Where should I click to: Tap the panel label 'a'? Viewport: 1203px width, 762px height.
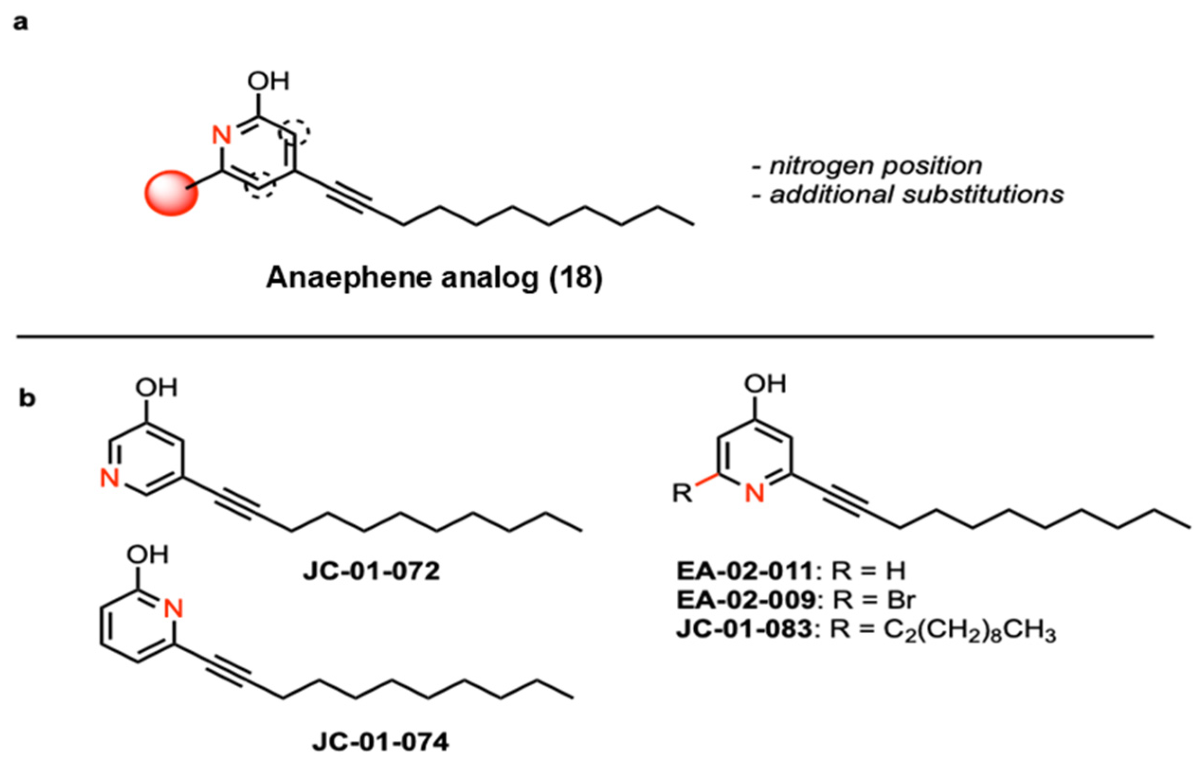[x=20, y=24]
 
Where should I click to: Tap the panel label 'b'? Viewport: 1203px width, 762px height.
[x=27, y=399]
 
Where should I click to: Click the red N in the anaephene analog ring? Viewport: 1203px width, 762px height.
[x=221, y=135]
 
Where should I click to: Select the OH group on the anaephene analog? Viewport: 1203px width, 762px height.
[x=268, y=81]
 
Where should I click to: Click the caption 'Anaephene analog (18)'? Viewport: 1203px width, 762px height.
[x=434, y=278]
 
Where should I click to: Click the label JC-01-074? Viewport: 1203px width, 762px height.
[x=380, y=743]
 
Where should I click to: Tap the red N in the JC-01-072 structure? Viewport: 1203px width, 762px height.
[x=109, y=478]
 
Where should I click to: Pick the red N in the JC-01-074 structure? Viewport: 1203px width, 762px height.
[x=173, y=609]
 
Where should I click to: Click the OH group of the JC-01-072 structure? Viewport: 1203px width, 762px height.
[x=156, y=388]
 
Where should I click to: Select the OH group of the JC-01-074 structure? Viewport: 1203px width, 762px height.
[x=147, y=555]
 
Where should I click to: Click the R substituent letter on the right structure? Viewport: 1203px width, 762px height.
[x=682, y=494]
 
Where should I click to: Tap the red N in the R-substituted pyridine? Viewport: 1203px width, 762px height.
[x=755, y=493]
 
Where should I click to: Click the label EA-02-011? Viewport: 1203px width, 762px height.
[x=745, y=571]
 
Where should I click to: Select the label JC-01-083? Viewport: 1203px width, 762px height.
[x=744, y=629]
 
